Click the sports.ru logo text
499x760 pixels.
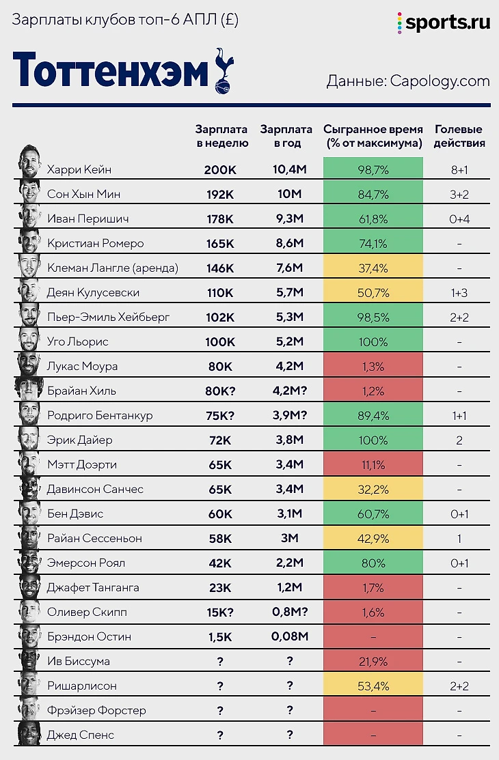pyautogui.click(x=448, y=23)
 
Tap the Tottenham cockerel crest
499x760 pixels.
pyautogui.click(x=223, y=69)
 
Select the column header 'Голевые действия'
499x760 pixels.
pyautogui.click(x=459, y=136)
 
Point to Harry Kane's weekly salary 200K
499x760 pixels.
pyautogui.click(x=220, y=169)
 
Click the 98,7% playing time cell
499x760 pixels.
pyautogui.click(x=373, y=169)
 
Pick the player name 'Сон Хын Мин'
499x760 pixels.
pyautogui.click(x=83, y=194)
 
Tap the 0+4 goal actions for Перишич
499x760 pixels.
pyautogui.click(x=459, y=219)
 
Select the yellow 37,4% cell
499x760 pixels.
pyautogui.click(x=373, y=268)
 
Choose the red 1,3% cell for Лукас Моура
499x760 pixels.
pyautogui.click(x=373, y=366)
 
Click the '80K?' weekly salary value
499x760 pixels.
pyautogui.click(x=220, y=391)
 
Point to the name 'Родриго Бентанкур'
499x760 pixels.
pyautogui.click(x=100, y=415)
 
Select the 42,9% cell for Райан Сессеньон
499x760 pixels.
pyautogui.click(x=373, y=538)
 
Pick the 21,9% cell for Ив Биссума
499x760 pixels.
pyautogui.click(x=373, y=661)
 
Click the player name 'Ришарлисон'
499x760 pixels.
pyautogui.click(x=82, y=686)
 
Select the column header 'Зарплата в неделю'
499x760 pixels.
pyautogui.click(x=221, y=136)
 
